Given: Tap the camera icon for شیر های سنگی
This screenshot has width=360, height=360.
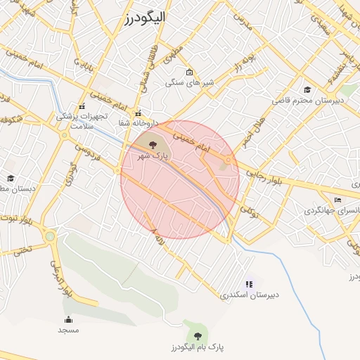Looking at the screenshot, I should coord(189,72).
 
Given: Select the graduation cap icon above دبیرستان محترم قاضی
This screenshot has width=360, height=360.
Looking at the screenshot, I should coord(307,89).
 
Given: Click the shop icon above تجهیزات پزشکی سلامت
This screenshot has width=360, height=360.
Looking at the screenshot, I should coord(82,106).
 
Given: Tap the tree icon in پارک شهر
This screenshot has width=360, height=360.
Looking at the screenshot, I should coord(153,145).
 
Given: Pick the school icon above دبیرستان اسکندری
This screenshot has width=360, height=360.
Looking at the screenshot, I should coord(249,283).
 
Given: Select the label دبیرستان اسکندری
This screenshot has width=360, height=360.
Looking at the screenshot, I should coord(250,295).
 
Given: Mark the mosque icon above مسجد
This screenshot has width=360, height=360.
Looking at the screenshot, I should coord(68,319).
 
